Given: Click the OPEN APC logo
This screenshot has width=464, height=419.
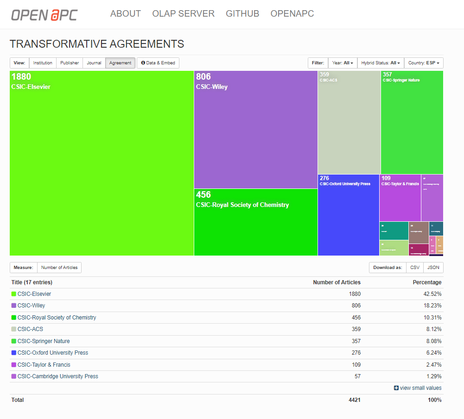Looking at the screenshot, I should (x=44, y=14).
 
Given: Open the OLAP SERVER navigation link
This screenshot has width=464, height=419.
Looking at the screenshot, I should (x=183, y=14).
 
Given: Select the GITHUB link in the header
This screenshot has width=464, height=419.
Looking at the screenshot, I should (x=242, y=14).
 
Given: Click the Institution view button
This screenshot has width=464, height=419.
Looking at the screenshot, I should (x=43, y=63).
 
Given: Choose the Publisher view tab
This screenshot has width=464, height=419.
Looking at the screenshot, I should (x=70, y=63).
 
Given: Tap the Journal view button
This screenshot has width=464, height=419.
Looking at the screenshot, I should (x=94, y=63).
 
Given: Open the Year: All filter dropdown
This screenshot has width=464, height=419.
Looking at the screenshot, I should (x=343, y=63).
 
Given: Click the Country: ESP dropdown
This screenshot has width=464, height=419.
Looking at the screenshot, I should (x=424, y=63).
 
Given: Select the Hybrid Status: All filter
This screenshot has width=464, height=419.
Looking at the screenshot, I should (x=381, y=63).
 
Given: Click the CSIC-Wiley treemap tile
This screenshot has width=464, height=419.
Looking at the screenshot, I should (x=255, y=130).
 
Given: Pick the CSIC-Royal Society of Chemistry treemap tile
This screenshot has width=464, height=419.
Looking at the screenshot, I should (x=255, y=222).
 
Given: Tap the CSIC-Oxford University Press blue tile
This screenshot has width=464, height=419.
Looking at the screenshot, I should (x=348, y=215).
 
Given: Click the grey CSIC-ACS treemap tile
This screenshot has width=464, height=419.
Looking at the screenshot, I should (x=349, y=123).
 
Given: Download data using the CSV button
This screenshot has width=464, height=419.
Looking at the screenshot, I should (x=415, y=268).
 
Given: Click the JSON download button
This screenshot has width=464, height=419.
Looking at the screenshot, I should (x=433, y=268).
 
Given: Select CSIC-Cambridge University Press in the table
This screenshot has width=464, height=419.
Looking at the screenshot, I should (x=57, y=376).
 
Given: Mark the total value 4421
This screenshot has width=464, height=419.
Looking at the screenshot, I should (x=354, y=400).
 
